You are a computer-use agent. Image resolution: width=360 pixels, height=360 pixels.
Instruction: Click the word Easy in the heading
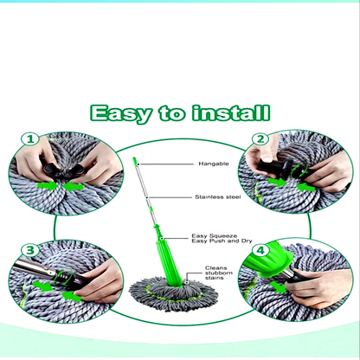[121, 113]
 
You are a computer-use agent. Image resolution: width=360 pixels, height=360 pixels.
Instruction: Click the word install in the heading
[231, 112]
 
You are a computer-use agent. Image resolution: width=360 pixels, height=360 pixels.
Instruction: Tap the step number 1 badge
[30, 139]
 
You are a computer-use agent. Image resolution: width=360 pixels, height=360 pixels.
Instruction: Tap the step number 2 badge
[260, 139]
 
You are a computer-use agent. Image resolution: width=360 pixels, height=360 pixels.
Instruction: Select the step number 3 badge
[30, 250]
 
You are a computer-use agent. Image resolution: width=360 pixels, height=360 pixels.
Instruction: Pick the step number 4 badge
[260, 250]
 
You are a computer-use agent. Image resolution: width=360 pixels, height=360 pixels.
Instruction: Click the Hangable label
[214, 164]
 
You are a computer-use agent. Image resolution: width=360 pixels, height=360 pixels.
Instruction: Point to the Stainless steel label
[218, 197]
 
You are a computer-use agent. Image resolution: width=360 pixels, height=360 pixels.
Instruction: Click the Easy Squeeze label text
[215, 236]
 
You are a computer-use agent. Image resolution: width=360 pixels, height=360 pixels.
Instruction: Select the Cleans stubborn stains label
[219, 273]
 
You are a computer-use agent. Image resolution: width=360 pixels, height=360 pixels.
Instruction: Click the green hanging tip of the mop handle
[135, 161]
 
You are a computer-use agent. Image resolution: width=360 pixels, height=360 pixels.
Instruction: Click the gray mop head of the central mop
[173, 293]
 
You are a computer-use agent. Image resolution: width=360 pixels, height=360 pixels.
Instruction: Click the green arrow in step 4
[279, 287]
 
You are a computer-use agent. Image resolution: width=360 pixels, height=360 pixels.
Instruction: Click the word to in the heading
[171, 113]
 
